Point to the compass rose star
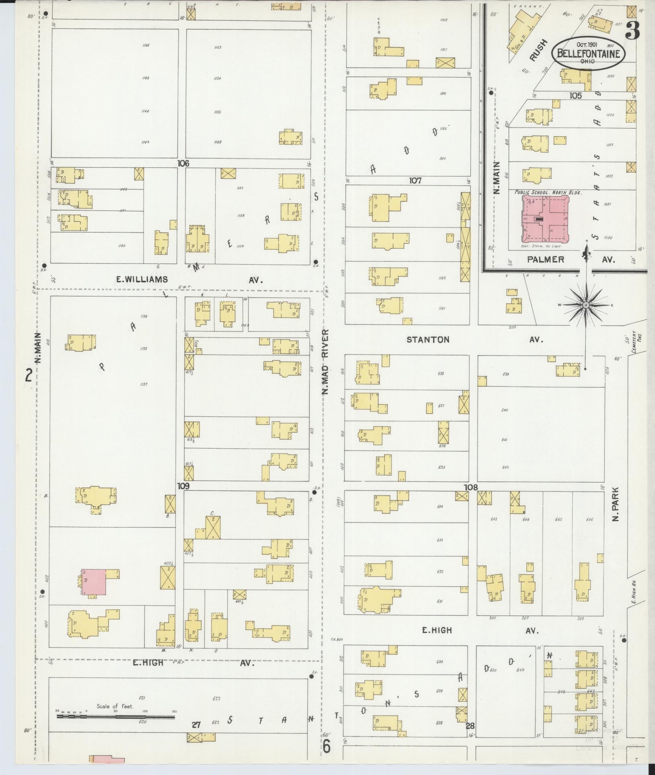pyautogui.click(x=586, y=305)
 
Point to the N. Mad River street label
pyautogui.click(x=326, y=362)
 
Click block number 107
pyautogui.click(x=415, y=181)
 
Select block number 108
pyautogui.click(x=470, y=487)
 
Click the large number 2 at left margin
pyautogui.click(x=29, y=376)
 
